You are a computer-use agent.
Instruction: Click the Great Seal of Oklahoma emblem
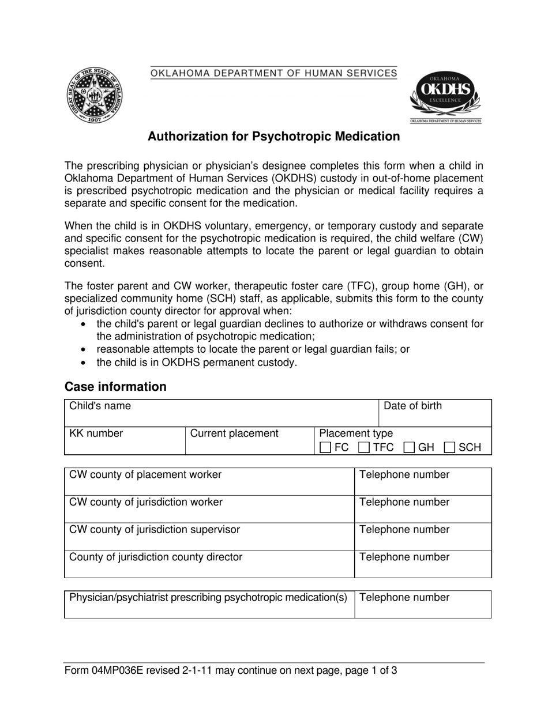click(x=94, y=95)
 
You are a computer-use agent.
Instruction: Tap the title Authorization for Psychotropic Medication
click(x=273, y=137)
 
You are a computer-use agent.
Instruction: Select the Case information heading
click(x=115, y=387)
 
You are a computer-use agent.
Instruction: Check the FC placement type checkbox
click(x=325, y=447)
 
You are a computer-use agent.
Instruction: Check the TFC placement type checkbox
click(x=363, y=447)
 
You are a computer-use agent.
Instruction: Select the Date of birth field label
click(x=413, y=406)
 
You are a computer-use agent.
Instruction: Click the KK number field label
click(x=96, y=433)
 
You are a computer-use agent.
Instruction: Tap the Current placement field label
click(x=234, y=433)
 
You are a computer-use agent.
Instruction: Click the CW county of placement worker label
click(x=145, y=475)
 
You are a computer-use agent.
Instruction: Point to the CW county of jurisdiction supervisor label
click(x=155, y=529)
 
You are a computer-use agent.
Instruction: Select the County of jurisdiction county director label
click(x=156, y=557)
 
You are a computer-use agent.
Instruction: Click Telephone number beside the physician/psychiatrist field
click(x=404, y=598)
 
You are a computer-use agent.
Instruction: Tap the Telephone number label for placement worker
click(x=404, y=475)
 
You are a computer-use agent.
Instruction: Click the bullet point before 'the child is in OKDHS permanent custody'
click(x=84, y=363)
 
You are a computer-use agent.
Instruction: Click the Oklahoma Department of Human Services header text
click(x=273, y=73)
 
